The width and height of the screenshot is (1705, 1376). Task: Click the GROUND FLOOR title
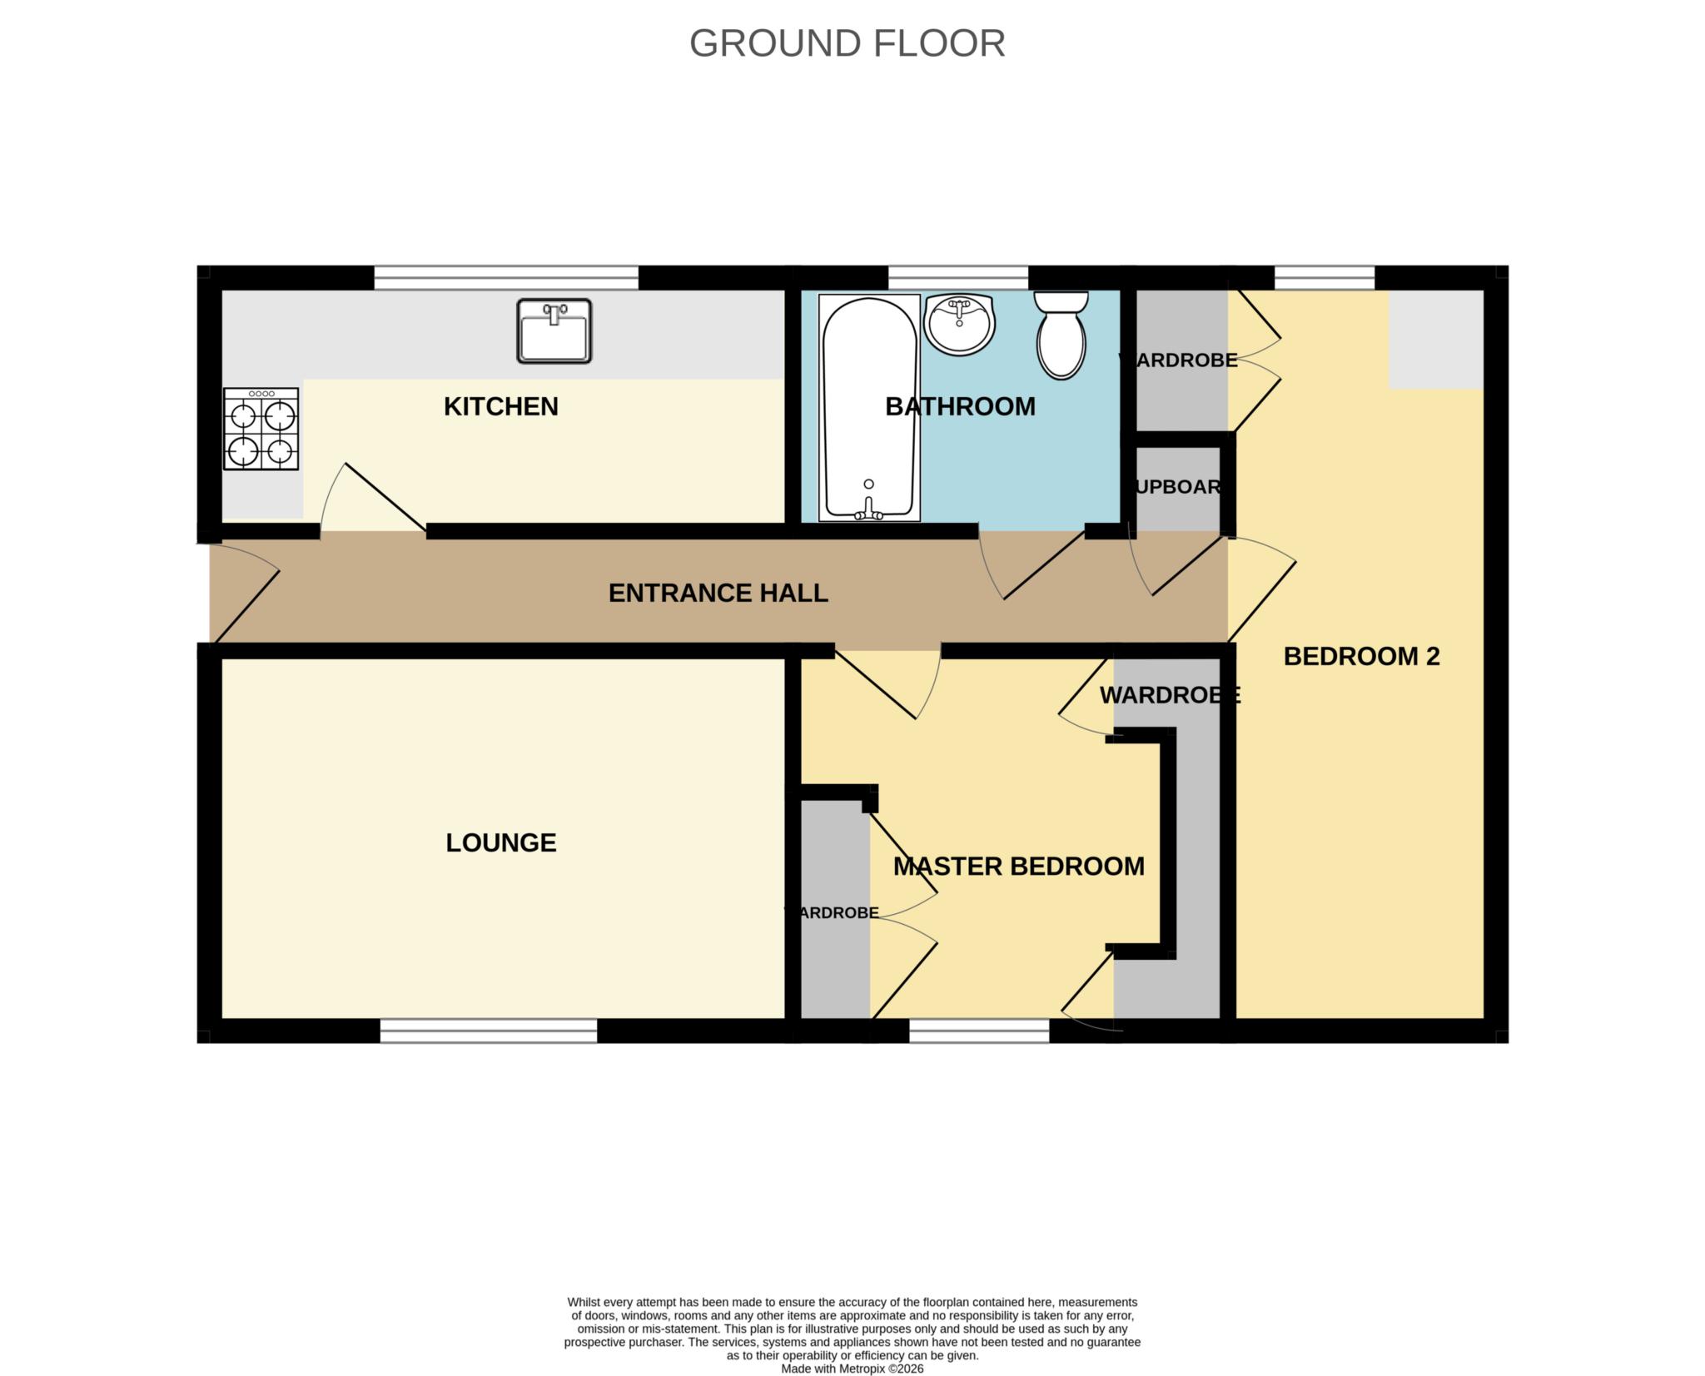pyautogui.click(x=847, y=43)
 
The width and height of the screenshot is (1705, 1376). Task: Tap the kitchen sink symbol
pyautogui.click(x=554, y=331)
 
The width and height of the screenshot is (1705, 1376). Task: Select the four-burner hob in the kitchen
pyautogui.click(x=261, y=429)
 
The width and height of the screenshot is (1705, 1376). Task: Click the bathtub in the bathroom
pyautogui.click(x=869, y=408)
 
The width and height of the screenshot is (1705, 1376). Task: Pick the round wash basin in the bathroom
pyautogui.click(x=960, y=325)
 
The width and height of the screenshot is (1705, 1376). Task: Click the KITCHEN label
pyautogui.click(x=500, y=406)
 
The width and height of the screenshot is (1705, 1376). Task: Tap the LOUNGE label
pyautogui.click(x=500, y=842)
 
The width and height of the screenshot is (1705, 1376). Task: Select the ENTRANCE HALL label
pyautogui.click(x=718, y=593)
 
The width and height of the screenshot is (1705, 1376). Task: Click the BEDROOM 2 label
pyautogui.click(x=1361, y=656)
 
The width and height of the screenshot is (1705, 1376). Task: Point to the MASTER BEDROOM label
pyautogui.click(x=1018, y=866)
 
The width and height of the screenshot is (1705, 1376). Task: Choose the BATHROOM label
pyautogui.click(x=960, y=406)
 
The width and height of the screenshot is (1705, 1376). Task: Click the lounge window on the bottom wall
pyautogui.click(x=489, y=1031)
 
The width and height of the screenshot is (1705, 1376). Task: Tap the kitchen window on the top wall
pyautogui.click(x=506, y=277)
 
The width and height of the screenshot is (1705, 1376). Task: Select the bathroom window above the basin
pyautogui.click(x=957, y=277)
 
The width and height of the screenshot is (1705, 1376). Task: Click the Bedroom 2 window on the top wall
pyautogui.click(x=1324, y=277)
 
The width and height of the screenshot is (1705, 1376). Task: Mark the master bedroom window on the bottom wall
pyautogui.click(x=978, y=1031)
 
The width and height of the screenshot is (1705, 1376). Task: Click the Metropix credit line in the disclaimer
pyautogui.click(x=852, y=1369)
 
